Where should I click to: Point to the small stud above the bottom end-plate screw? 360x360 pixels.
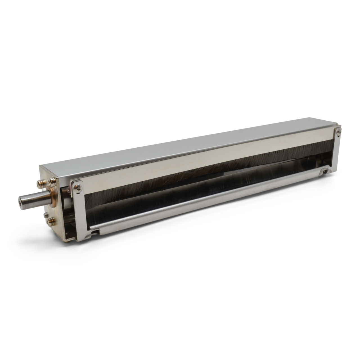[46, 215]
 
